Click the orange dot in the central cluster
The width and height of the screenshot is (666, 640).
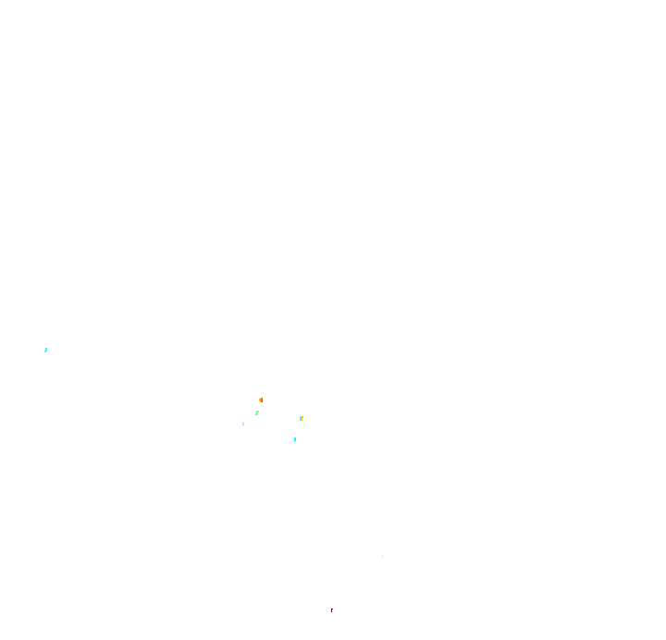(x=261, y=400)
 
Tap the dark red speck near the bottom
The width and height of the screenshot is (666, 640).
(x=331, y=609)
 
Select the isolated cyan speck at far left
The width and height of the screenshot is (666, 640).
(x=45, y=350)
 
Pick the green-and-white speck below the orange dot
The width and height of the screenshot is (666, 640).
(x=256, y=412)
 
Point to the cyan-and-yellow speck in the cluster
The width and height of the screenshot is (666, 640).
(x=301, y=418)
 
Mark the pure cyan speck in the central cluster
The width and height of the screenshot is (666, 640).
(x=294, y=439)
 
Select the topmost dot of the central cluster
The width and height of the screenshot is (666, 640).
(x=261, y=400)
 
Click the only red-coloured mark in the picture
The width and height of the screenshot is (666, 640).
(x=331, y=609)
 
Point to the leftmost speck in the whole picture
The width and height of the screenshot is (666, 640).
(x=45, y=350)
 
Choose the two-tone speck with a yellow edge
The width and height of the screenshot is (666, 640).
(x=301, y=418)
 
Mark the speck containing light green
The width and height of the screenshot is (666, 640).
(x=256, y=412)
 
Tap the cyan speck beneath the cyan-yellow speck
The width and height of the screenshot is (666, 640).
(x=294, y=439)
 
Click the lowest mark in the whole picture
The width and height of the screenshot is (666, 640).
(x=331, y=609)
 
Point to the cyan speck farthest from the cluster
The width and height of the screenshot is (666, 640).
(x=45, y=350)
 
